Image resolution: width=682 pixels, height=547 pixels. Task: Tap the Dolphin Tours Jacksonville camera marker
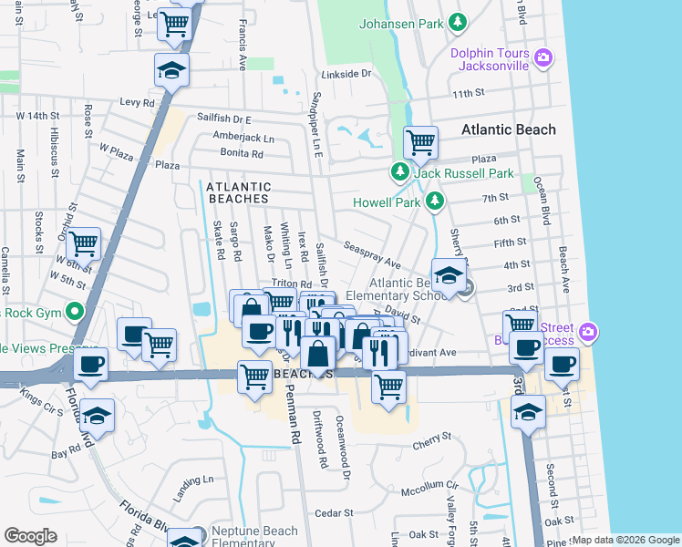coord(544,58)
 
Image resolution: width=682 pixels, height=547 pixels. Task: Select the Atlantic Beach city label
coord(508,129)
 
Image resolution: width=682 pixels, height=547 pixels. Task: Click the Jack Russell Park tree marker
coord(399,172)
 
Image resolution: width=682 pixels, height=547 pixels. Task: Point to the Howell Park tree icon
coord(436,200)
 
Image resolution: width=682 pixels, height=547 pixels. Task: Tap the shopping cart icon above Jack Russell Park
coord(419,142)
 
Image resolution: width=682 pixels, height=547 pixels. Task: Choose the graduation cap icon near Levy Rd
coord(170,70)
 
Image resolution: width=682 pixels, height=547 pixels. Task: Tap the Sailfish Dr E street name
coord(223,119)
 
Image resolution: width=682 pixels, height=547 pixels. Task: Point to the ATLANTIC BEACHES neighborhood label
coord(237,192)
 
